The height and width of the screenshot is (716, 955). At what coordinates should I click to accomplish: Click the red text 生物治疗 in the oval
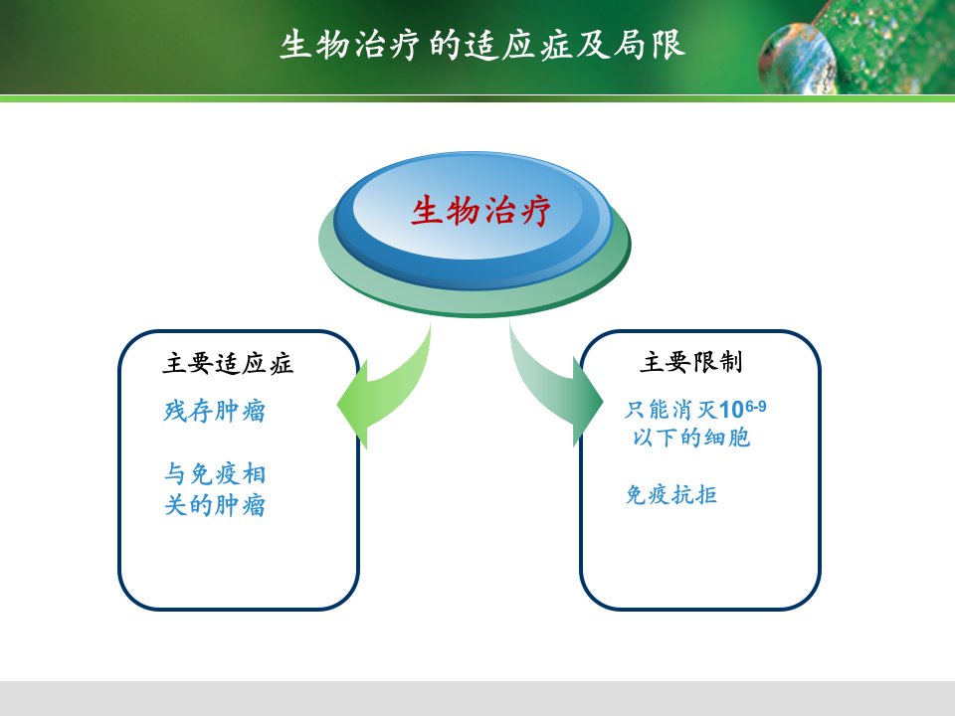(480, 211)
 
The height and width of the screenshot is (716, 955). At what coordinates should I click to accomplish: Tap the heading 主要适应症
(228, 363)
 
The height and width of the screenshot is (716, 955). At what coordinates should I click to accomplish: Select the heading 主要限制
(690, 362)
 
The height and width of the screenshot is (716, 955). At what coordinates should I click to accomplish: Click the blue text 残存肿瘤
(215, 411)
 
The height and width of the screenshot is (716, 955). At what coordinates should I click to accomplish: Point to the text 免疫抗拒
(671, 494)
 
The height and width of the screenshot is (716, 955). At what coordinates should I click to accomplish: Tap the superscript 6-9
(755, 406)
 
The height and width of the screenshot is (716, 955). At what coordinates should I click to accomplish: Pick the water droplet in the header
(798, 59)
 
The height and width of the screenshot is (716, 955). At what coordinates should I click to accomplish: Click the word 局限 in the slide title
(650, 46)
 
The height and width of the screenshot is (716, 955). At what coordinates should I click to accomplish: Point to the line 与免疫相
(215, 474)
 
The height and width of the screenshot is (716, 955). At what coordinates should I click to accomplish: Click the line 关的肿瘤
(215, 505)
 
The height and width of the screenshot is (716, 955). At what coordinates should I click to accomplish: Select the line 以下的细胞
(690, 438)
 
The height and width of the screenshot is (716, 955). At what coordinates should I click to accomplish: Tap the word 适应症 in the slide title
(519, 46)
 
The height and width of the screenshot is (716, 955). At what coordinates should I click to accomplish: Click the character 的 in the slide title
(445, 46)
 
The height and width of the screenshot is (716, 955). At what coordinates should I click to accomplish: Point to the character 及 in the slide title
(593, 46)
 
